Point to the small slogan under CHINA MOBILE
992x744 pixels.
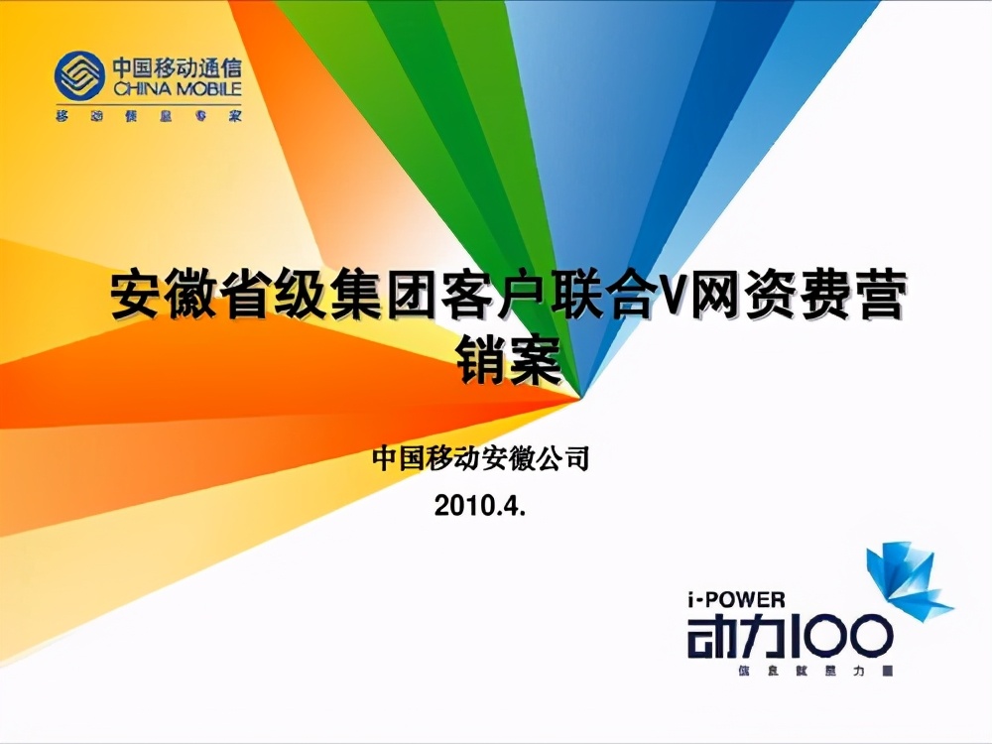point(148,115)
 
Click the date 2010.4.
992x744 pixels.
point(479,507)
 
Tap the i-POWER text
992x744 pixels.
point(735,598)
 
